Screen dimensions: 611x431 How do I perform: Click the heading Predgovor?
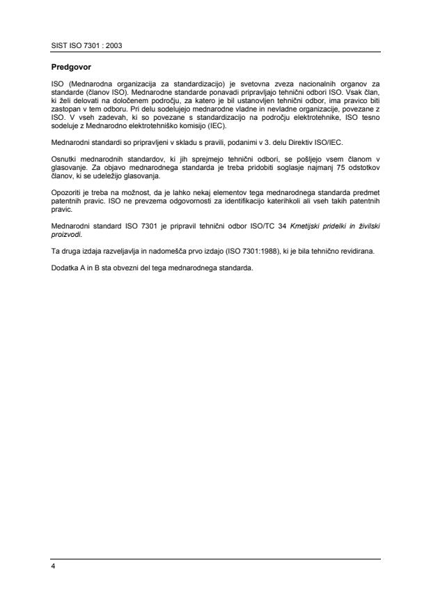[71, 68]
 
